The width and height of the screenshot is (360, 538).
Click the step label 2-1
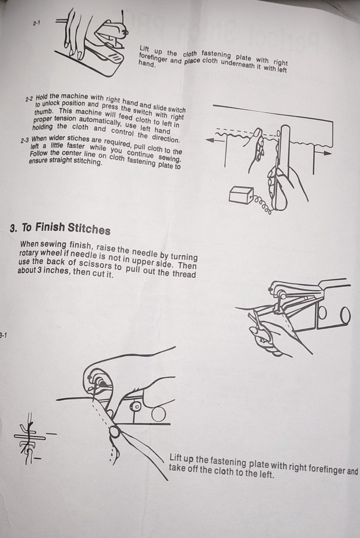(x=37, y=23)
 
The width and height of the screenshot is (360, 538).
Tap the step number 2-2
(x=29, y=99)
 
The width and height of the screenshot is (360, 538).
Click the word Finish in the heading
(x=50, y=227)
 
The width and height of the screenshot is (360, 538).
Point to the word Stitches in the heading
(x=89, y=229)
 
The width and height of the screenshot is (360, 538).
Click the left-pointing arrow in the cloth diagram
(x=216, y=140)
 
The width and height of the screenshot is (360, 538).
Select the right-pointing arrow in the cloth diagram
(x=323, y=153)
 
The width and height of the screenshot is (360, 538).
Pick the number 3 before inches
(x=40, y=271)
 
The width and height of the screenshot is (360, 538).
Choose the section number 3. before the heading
(x=13, y=228)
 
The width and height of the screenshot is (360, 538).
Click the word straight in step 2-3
(x=60, y=160)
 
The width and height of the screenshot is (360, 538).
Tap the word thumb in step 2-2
(x=44, y=111)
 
